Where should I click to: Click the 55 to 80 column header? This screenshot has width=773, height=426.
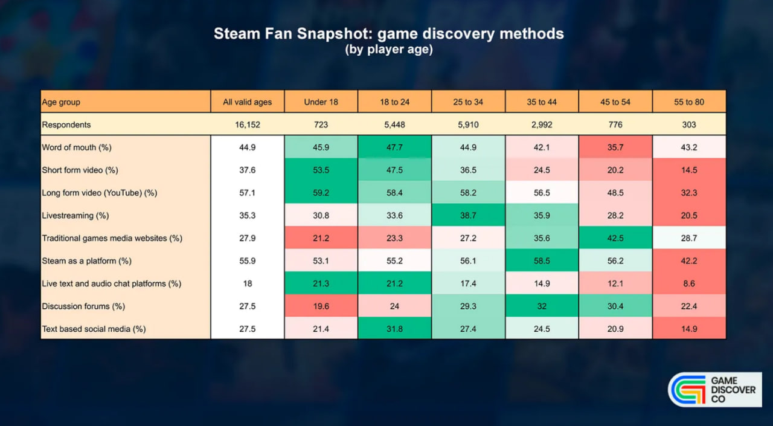click(689, 102)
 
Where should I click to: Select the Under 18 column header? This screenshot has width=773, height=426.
click(321, 102)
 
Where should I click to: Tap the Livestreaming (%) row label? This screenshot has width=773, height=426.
click(75, 215)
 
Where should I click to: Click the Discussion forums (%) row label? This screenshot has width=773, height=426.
click(83, 306)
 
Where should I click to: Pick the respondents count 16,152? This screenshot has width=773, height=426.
click(248, 124)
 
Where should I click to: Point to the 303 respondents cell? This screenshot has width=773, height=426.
click(689, 124)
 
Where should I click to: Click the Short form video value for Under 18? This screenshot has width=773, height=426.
click(321, 170)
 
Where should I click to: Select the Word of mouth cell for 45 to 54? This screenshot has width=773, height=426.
click(615, 147)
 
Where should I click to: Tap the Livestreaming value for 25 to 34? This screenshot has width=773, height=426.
click(468, 215)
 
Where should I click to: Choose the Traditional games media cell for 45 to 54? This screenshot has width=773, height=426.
click(615, 238)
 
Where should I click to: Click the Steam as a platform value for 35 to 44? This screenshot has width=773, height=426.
click(542, 260)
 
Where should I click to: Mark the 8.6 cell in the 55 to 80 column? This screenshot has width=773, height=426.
click(689, 283)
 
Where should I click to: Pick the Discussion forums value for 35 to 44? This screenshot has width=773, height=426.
click(542, 306)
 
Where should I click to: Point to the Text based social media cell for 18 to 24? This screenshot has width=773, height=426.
click(394, 329)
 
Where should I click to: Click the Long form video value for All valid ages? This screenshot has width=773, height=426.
click(248, 193)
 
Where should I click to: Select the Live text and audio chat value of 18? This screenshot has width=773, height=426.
click(248, 283)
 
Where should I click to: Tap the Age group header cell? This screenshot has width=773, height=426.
click(126, 102)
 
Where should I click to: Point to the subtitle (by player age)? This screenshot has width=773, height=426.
click(389, 50)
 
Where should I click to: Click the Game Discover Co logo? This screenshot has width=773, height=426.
click(715, 389)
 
